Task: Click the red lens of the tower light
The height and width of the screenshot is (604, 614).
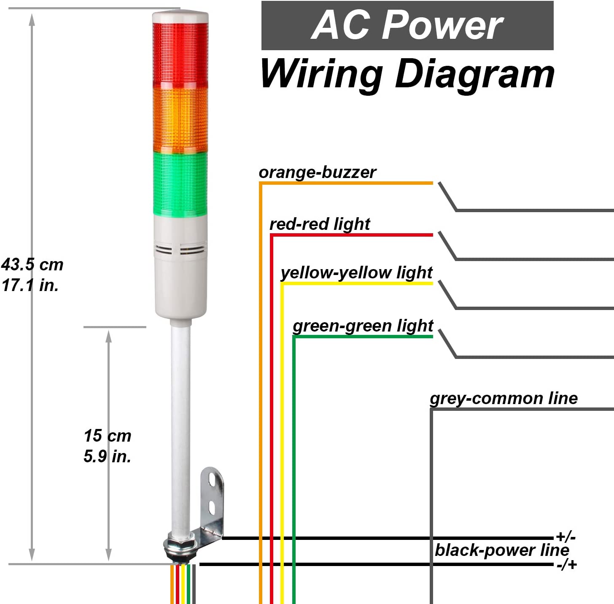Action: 180,55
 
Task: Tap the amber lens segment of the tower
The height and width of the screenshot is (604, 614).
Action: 180,120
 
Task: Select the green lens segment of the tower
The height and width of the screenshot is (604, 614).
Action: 180,184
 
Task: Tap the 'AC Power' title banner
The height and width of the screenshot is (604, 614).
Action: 407,25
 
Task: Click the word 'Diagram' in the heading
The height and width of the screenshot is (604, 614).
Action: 475,75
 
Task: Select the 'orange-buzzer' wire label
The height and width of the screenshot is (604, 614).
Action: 318,173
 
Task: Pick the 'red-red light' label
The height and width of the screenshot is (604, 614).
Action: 320,224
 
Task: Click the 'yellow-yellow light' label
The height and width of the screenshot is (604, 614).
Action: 356,273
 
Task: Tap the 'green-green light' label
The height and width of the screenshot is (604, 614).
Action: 363,326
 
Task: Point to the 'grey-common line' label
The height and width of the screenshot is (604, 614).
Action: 504,399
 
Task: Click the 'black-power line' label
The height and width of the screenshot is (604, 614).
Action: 502,550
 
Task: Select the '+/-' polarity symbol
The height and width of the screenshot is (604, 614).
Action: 566,537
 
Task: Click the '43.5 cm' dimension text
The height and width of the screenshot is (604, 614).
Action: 32,264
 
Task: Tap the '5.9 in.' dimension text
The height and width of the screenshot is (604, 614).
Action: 108,456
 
